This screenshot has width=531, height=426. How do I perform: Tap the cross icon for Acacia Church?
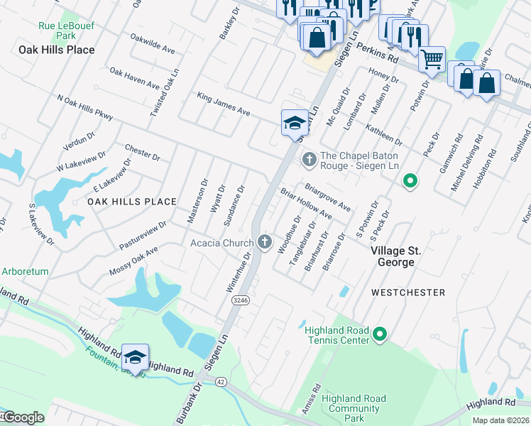[x=265, y=243]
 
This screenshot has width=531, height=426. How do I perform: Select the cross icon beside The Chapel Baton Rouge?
[x=309, y=159]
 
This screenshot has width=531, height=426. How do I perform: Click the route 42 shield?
[x=221, y=381]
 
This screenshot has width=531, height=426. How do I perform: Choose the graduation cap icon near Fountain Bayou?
[x=135, y=356]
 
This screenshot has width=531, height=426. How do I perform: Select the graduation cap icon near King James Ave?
[x=295, y=123]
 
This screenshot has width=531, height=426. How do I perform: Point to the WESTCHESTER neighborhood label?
[x=408, y=293]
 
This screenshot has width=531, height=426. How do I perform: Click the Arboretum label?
[x=25, y=271]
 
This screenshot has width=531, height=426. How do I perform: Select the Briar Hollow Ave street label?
[x=306, y=204]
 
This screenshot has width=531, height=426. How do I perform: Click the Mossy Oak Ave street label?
[x=133, y=262]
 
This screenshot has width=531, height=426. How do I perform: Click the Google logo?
[x=23, y=417]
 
